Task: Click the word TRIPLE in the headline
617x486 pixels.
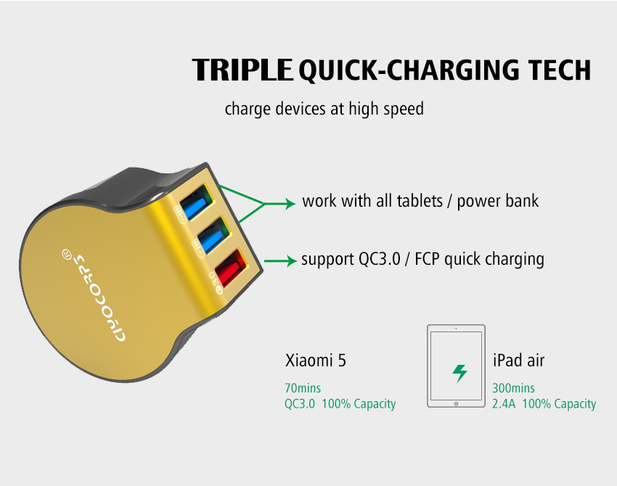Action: coord(242,70)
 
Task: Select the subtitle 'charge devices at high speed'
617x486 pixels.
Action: coord(324,109)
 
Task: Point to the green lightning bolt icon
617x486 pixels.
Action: coord(459,373)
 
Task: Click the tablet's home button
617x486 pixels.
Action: coord(455,403)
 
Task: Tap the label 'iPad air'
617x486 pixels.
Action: coord(518,361)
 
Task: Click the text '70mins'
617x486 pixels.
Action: coord(303,389)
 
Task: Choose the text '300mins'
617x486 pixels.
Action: coord(513,389)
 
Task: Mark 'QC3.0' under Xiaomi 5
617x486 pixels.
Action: coord(300,404)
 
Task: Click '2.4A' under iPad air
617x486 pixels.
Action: coord(504,404)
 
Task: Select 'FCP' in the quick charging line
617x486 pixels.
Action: coord(428,259)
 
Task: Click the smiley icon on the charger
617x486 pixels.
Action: coord(67,255)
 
